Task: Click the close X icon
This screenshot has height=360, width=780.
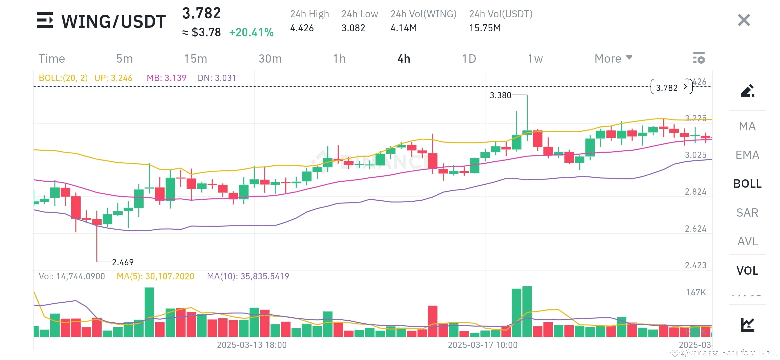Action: click(x=744, y=20)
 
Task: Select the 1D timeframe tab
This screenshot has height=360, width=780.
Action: click(x=469, y=59)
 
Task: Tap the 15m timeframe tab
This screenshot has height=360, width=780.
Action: click(x=196, y=59)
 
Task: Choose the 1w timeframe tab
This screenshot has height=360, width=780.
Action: click(x=535, y=59)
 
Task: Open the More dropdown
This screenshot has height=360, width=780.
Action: click(x=613, y=59)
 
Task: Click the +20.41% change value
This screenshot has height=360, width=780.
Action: click(x=251, y=32)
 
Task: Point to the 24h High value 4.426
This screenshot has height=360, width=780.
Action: click(x=302, y=28)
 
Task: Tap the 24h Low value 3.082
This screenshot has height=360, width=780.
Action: click(x=353, y=28)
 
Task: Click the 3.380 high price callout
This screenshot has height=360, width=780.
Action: click(x=500, y=95)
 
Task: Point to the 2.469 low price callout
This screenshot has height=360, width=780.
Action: click(x=123, y=262)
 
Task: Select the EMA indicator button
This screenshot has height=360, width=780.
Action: click(x=747, y=155)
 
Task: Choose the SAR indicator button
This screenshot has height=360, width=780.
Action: click(x=747, y=213)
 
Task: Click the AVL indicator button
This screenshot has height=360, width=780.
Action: click(x=747, y=241)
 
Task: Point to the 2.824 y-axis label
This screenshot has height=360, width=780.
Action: click(x=695, y=192)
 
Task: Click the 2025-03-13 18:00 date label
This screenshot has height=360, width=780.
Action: click(x=252, y=345)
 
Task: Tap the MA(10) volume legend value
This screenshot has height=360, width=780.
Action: click(x=248, y=276)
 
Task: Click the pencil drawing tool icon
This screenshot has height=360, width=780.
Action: click(x=747, y=91)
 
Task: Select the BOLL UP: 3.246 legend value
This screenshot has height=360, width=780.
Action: click(x=113, y=78)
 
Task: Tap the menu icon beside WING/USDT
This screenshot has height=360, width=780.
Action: click(x=45, y=20)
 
